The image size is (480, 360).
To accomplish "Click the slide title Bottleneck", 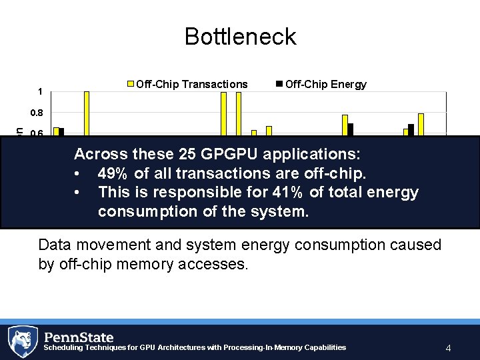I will point(240,36).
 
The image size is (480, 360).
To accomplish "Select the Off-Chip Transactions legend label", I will point(191,84).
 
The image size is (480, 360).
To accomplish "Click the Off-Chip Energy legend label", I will point(326,84).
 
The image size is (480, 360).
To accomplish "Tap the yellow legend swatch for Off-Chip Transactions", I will point(131,84).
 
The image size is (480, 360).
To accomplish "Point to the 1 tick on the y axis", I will point(41,92).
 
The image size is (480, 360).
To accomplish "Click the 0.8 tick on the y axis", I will point(38,113).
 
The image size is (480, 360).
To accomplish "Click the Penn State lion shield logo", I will point(23,341).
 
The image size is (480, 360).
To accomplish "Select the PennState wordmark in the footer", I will point(79,337).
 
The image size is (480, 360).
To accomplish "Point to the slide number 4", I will point(449,348).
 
